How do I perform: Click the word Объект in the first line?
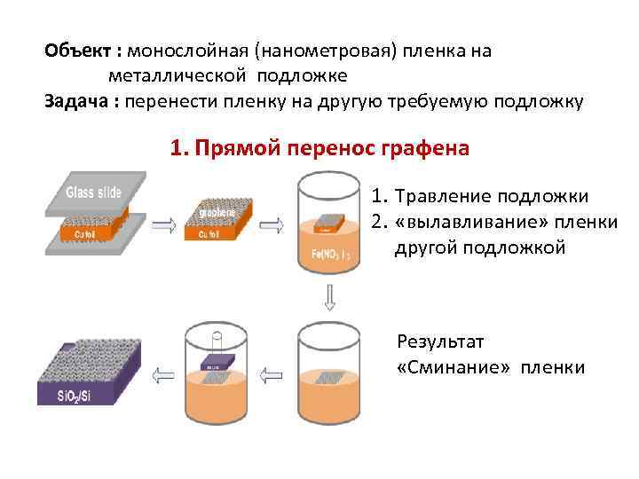point(75,51)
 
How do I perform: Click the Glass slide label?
point(93,193)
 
